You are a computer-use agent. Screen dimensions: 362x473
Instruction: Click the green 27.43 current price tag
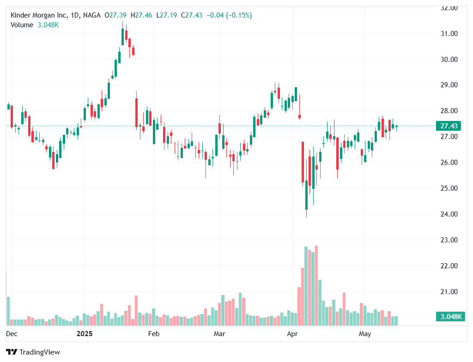coord(449,126)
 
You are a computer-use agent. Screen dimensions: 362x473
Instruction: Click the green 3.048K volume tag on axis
coord(449,317)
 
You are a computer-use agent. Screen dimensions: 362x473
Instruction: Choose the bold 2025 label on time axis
coord(85,333)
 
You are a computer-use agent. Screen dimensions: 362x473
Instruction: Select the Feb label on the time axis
coord(153,333)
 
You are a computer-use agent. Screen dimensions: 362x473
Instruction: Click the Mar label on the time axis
coord(219,333)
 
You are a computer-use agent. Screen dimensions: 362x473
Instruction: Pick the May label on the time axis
coord(365,333)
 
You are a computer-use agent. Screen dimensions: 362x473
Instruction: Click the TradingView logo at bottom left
coord(33,352)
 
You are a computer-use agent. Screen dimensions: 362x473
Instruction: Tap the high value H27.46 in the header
coord(141,15)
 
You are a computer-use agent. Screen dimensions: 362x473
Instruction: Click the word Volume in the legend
coord(22,25)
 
